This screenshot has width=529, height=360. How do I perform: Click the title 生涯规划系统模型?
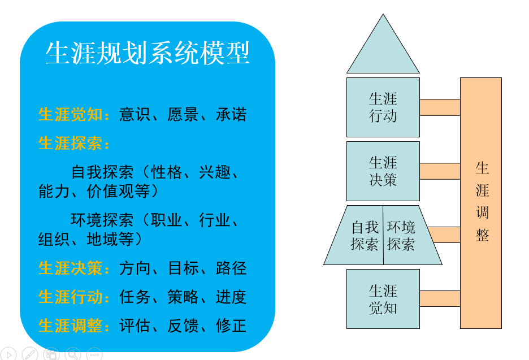[x=148, y=53]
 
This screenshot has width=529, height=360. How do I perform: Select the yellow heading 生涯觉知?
[x=71, y=114]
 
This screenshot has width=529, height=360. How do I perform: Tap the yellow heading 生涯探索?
[x=71, y=143]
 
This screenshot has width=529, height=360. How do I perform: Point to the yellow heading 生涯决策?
[x=71, y=268]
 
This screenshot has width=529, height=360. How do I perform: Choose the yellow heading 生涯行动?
[x=71, y=297]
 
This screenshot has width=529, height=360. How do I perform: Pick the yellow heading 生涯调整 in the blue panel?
[x=71, y=326]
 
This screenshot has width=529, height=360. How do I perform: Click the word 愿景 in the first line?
[x=183, y=114]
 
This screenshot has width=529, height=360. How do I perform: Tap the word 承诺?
[x=231, y=114]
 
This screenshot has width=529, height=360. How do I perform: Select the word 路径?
[x=231, y=268]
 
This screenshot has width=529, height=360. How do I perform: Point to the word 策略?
[x=183, y=297]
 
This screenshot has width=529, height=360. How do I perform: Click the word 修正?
[x=231, y=326]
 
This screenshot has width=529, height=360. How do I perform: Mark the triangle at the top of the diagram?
[x=383, y=51]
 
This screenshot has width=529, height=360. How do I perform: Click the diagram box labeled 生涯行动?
[x=383, y=107]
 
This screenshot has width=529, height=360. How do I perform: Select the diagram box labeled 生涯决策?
[x=383, y=171]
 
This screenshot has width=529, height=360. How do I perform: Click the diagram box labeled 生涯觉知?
[x=383, y=299]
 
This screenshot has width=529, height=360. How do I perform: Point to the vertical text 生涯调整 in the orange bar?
[x=482, y=201]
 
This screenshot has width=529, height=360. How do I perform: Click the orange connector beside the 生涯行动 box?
[x=440, y=107]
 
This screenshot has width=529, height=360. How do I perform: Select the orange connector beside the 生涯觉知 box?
[x=440, y=298]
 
